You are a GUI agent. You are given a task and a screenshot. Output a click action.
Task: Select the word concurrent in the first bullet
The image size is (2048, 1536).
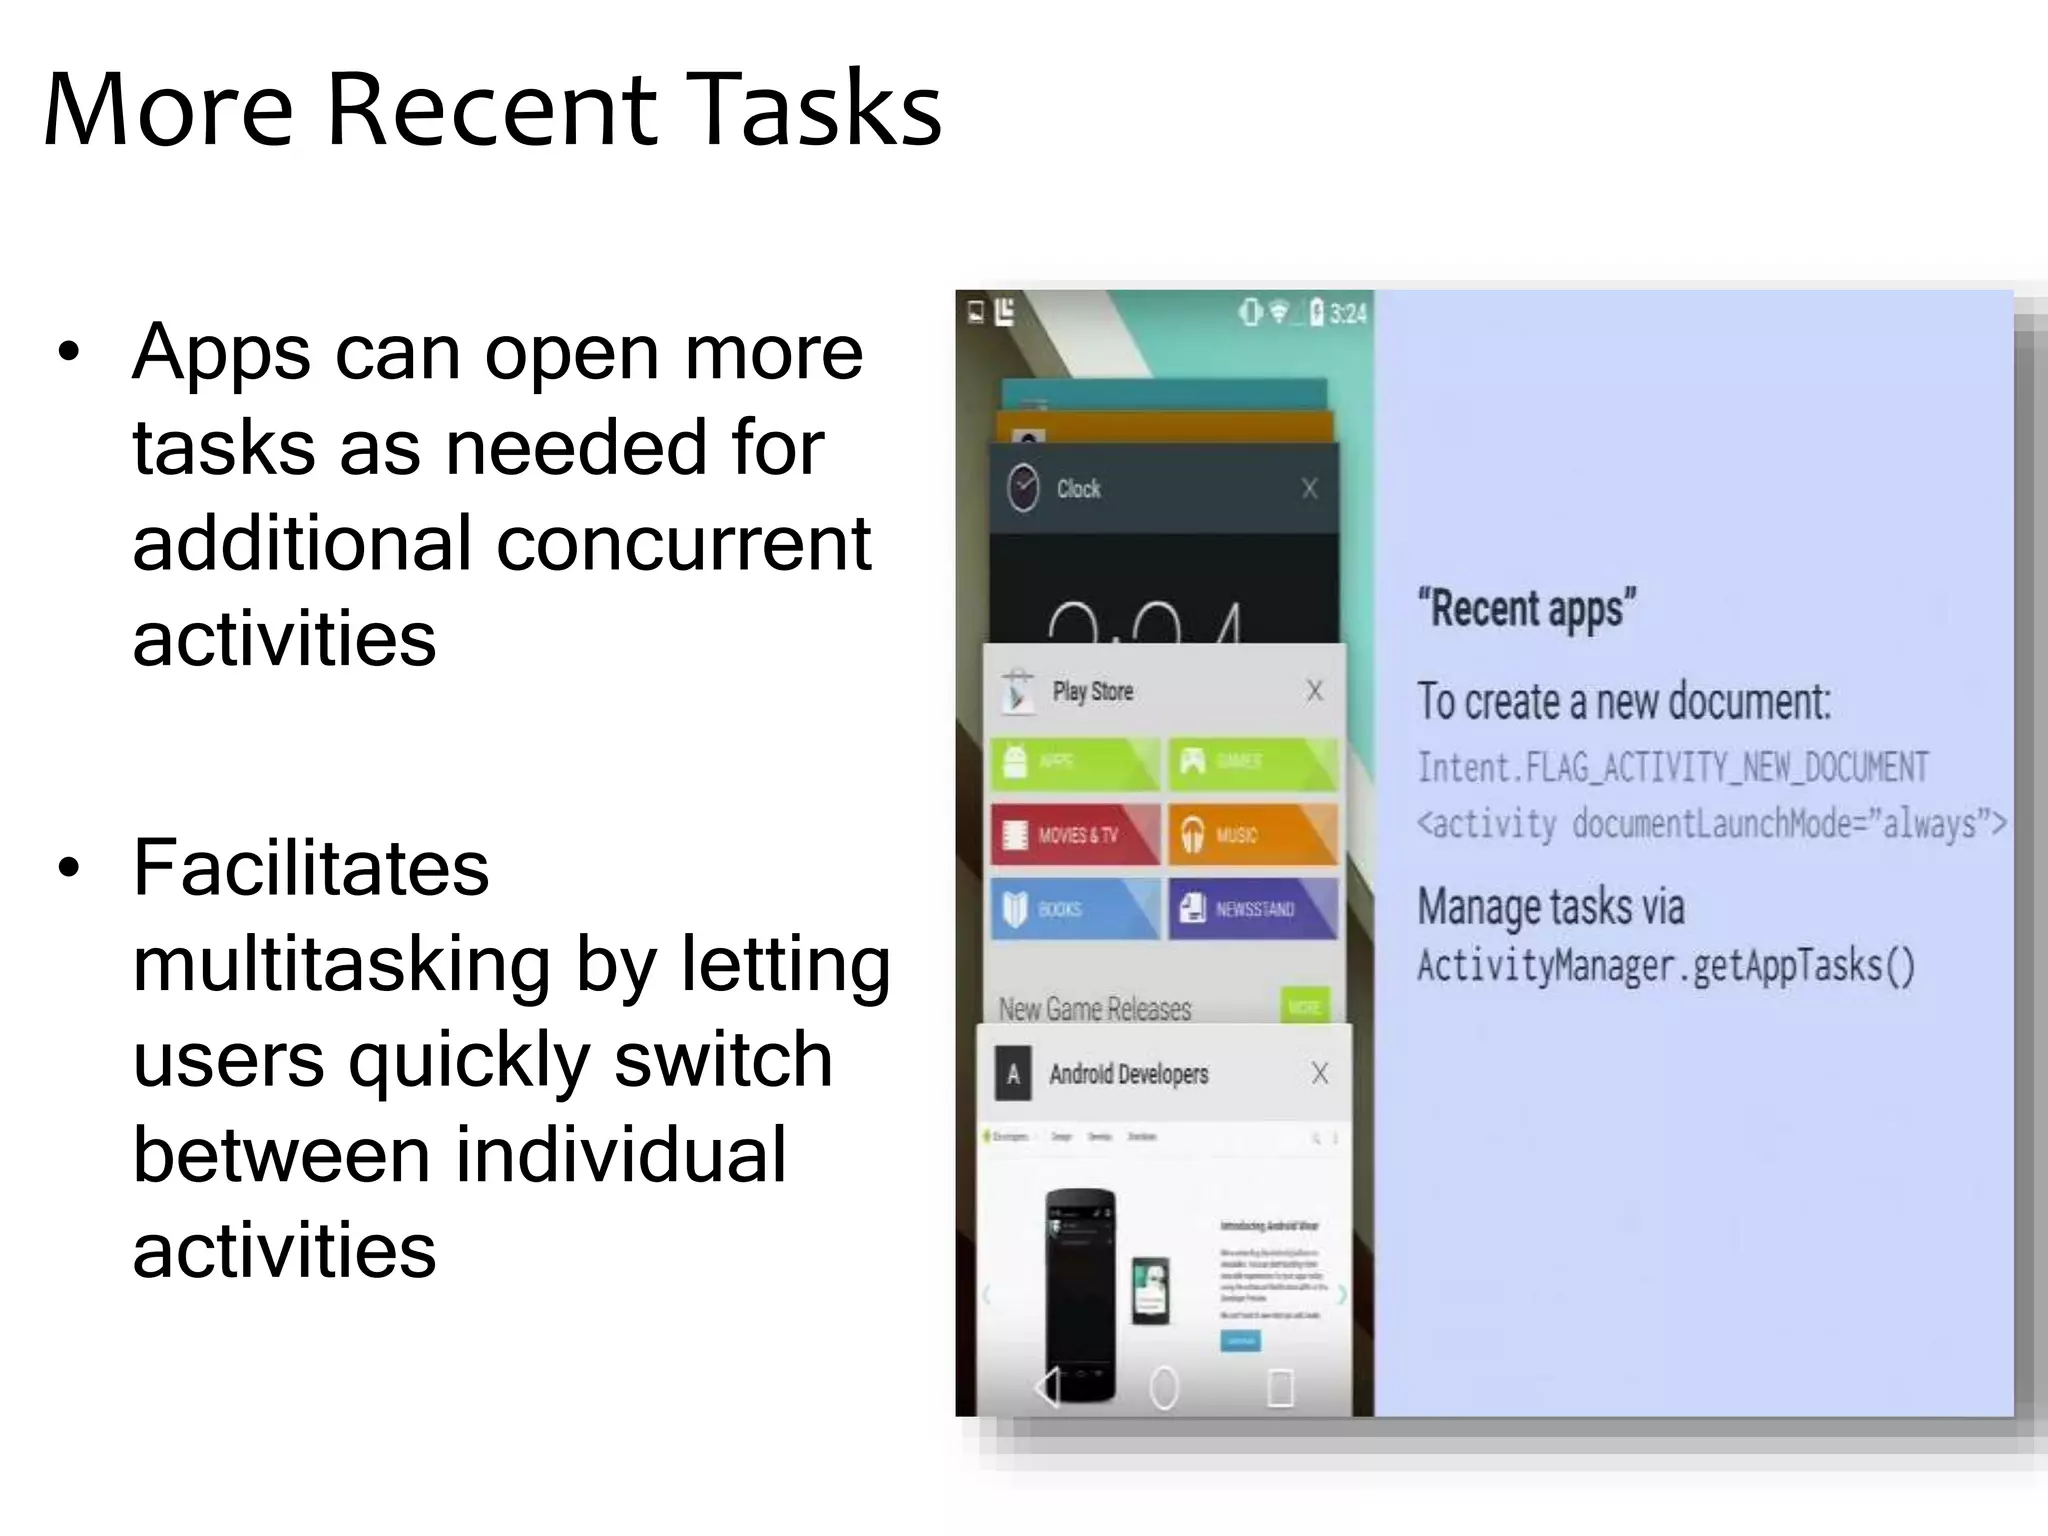tap(684, 543)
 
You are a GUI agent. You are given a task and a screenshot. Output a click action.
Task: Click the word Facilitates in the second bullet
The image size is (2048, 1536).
tap(311, 867)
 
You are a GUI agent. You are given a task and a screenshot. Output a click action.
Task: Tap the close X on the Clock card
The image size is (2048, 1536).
tap(1309, 488)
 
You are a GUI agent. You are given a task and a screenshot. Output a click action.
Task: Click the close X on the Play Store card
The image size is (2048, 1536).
tap(1314, 690)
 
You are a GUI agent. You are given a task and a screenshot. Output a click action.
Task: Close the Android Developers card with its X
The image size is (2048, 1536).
tap(1319, 1073)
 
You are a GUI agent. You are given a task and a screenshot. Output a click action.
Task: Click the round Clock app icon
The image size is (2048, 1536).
tap(1023, 488)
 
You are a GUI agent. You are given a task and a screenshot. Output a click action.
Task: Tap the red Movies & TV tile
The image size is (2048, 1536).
tap(1075, 834)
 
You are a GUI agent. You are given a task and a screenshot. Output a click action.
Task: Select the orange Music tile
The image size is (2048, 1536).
tap(1252, 834)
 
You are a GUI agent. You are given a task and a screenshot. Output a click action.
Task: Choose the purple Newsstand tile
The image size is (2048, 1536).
tap(1252, 908)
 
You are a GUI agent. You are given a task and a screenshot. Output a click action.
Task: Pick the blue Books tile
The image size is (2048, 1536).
tap(1075, 908)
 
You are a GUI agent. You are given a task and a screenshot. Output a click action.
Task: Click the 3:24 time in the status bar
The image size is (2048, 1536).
tap(1347, 314)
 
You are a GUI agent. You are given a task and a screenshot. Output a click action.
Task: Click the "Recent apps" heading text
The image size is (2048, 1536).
tap(1526, 608)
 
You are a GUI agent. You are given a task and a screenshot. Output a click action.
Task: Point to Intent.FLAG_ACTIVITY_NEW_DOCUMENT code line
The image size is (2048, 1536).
tap(1672, 768)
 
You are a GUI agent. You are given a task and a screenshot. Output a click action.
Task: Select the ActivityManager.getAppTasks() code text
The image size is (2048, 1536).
tap(1666, 966)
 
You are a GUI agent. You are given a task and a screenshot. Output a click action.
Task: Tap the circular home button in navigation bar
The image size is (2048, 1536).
tap(1163, 1388)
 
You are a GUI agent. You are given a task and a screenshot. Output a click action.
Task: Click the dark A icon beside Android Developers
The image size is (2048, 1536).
tap(1013, 1075)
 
